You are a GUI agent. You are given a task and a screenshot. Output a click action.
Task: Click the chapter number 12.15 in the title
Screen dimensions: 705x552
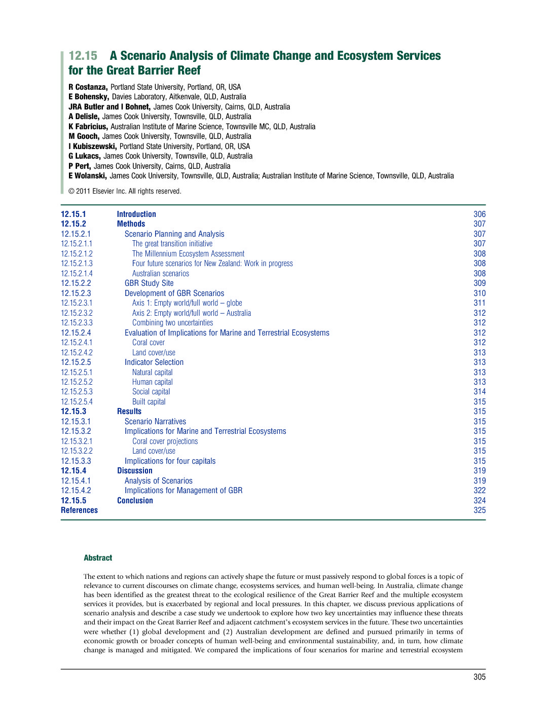click(x=83, y=56)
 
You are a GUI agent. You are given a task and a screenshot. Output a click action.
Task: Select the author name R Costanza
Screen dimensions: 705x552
click(x=88, y=87)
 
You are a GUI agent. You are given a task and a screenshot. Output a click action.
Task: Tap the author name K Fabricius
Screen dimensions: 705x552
click(x=88, y=127)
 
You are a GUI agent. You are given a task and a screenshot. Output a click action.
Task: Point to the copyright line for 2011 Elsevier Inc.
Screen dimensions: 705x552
click(x=125, y=191)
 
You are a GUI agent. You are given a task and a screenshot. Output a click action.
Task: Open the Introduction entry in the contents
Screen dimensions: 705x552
click(x=136, y=214)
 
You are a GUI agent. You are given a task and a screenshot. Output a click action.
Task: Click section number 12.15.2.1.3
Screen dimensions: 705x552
click(x=77, y=264)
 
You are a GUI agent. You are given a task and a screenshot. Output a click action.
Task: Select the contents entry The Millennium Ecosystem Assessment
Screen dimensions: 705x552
click(x=188, y=254)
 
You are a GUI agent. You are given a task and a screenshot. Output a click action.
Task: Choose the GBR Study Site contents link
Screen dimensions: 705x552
click(x=149, y=283)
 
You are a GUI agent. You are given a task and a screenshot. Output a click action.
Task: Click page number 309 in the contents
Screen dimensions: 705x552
click(x=479, y=283)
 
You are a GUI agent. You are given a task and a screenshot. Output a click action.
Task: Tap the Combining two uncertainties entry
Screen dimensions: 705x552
click(x=172, y=323)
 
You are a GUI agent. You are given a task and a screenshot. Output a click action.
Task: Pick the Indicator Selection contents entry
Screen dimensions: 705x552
click(x=154, y=362)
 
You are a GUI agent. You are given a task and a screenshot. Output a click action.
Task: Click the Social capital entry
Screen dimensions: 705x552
click(x=151, y=392)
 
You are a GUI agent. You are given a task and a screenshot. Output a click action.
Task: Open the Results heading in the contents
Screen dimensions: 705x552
click(x=129, y=412)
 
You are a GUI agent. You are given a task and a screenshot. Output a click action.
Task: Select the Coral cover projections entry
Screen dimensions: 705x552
click(x=165, y=441)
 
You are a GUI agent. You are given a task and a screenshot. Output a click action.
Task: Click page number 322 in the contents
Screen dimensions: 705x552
click(x=479, y=491)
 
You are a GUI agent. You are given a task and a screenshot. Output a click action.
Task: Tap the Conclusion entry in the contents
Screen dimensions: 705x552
click(x=135, y=501)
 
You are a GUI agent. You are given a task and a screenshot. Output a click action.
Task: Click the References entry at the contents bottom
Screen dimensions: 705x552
click(x=79, y=510)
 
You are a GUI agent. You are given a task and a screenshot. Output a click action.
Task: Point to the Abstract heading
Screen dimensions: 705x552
click(x=98, y=558)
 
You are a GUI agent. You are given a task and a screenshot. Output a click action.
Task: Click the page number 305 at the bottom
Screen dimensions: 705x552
click(x=479, y=677)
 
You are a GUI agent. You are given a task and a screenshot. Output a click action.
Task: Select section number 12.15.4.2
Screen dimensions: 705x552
click(x=76, y=491)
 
